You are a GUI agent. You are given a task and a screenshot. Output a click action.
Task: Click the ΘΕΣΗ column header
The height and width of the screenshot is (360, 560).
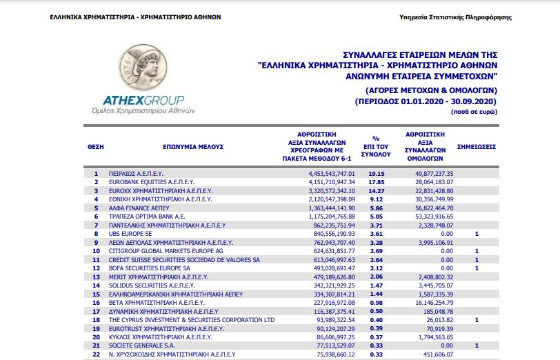pos(95,147)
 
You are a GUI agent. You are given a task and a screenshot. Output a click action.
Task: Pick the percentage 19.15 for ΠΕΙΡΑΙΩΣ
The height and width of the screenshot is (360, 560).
pos(375,172)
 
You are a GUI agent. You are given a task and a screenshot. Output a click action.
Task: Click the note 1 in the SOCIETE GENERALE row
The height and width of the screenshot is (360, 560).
pos(477,345)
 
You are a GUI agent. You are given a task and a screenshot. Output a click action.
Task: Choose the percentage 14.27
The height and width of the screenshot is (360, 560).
pos(375,190)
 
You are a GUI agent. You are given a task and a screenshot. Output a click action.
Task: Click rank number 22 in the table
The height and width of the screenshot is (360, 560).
pos(96,354)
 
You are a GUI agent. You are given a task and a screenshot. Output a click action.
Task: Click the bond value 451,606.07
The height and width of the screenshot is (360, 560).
pos(434,354)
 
